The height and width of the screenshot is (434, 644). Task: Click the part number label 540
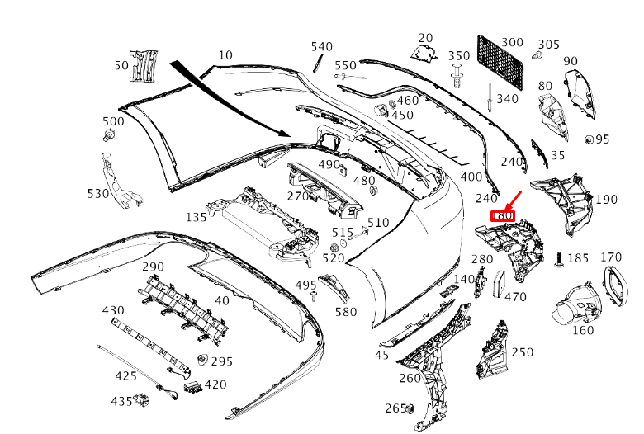click(321, 47)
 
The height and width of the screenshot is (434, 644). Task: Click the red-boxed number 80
click(503, 217)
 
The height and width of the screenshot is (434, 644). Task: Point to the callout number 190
click(606, 200)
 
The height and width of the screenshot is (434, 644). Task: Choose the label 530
click(98, 194)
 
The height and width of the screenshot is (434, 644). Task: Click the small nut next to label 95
click(590, 139)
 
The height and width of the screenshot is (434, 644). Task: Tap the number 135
click(197, 218)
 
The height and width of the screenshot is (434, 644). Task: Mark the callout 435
click(121, 401)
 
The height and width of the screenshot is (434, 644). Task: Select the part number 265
click(395, 408)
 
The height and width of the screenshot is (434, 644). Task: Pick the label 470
click(515, 297)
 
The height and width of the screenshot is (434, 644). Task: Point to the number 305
click(549, 45)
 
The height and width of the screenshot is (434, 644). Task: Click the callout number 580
click(346, 312)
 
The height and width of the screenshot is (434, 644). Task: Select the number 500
click(113, 122)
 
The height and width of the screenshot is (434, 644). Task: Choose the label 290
click(154, 267)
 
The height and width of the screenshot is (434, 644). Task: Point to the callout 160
click(583, 331)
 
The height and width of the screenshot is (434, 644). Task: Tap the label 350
click(459, 56)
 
